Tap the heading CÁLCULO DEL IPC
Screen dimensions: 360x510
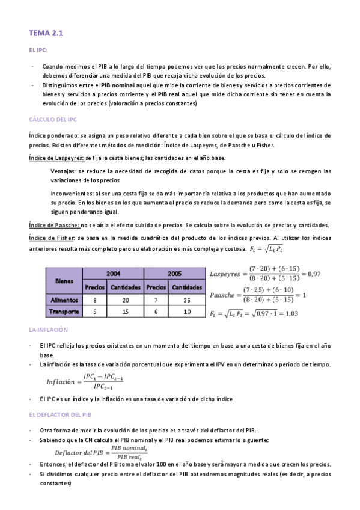coord(53,119)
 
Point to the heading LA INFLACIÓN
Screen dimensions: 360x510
coord(48,330)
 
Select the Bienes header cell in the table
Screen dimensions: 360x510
coord(64,280)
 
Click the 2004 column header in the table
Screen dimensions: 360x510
coord(113,273)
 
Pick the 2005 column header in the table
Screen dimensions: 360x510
coord(175,273)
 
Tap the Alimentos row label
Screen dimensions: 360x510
coord(64,300)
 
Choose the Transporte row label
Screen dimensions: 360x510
coord(64,312)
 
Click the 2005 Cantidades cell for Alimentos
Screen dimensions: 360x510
coord(187,300)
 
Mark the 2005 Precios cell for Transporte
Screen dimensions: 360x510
coord(156,312)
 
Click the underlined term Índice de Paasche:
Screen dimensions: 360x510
coord(54,225)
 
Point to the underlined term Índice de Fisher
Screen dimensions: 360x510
coord(51,238)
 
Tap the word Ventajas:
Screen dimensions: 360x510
coord(64,171)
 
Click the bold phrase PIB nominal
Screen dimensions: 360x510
coord(117,85)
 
